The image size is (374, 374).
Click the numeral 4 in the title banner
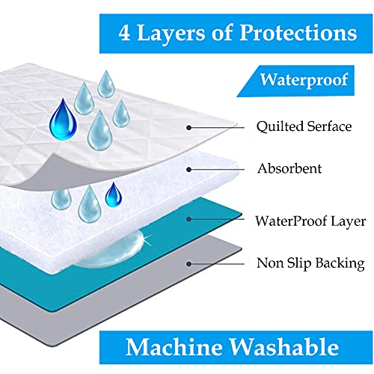pos(124,33)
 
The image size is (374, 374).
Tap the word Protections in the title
pos(298,33)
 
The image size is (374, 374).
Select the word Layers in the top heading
pos(172,34)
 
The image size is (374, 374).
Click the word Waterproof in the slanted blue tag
pos(304,80)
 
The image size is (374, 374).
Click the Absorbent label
pos(289,168)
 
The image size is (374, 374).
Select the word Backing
pos(340,263)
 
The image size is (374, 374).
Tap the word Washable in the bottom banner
pos(284,347)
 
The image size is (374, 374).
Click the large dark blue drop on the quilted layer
pos(63,120)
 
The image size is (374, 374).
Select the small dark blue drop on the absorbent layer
pos(114,194)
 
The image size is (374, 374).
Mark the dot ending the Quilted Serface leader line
pos(189,128)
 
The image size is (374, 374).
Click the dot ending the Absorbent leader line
pos(189,170)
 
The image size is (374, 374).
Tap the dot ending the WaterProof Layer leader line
pos(189,219)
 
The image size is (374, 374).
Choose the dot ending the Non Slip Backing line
pos(189,264)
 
